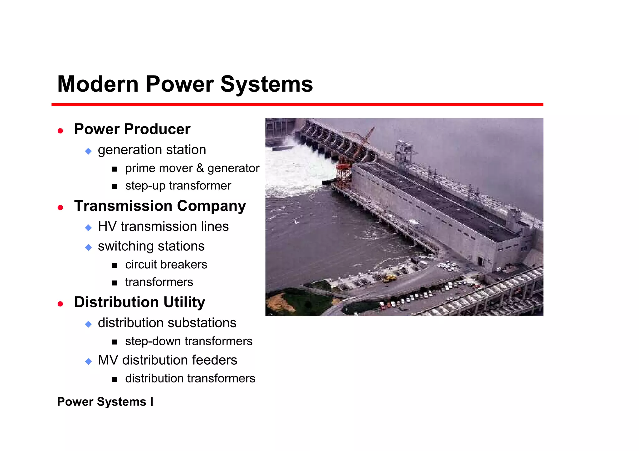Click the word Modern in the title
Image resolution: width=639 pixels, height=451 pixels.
[98, 84]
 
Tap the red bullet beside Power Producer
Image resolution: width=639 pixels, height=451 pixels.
[61, 131]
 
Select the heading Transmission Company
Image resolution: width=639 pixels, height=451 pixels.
[160, 206]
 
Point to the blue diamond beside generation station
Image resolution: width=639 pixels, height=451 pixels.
[88, 151]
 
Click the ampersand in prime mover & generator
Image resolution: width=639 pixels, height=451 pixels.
[200, 168]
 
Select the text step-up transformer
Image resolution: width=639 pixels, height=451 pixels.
[178, 186]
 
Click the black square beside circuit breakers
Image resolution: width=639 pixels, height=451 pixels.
[115, 266]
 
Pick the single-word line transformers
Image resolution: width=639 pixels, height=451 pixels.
[159, 282]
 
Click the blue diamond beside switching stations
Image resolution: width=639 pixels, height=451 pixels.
[88, 247]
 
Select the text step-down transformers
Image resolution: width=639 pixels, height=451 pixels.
[188, 341]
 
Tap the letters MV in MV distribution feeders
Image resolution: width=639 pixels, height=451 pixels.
[108, 360]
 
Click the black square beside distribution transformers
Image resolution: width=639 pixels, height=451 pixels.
[115, 379]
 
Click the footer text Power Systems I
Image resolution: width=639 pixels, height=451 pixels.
[105, 402]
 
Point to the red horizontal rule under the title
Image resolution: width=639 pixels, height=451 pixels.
[297, 105]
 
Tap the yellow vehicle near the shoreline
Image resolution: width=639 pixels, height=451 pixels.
[389, 277]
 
